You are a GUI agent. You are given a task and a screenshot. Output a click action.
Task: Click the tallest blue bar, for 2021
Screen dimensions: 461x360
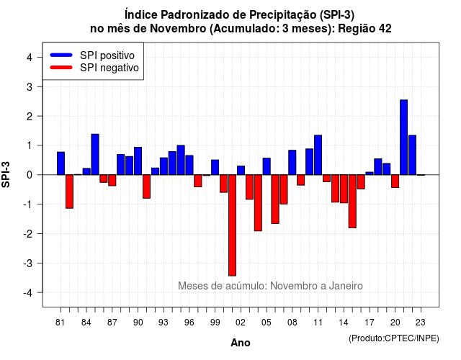(403, 138)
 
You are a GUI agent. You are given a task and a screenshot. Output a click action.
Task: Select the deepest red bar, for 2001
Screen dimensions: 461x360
(232, 225)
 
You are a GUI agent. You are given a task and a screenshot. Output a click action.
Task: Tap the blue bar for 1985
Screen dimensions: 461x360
(95, 154)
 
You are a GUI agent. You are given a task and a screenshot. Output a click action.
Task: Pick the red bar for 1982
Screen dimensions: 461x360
(69, 192)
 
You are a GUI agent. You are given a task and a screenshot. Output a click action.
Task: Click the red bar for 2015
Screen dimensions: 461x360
(352, 202)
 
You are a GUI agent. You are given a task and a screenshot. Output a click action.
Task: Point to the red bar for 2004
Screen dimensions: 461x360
(258, 203)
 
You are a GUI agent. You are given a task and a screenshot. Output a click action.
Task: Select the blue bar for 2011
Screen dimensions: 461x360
(318, 155)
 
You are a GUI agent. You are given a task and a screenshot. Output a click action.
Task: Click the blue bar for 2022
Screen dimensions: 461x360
(412, 155)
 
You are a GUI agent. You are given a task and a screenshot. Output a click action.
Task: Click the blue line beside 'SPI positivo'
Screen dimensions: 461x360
(61, 55)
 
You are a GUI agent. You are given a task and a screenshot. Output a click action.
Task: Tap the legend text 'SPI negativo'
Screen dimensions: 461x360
(109, 68)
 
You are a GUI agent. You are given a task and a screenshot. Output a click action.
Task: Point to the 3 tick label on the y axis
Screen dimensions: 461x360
(29, 86)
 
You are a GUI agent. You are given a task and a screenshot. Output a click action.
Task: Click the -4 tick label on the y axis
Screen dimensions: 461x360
(28, 293)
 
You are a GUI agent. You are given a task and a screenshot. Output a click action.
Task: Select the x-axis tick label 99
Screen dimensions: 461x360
(215, 323)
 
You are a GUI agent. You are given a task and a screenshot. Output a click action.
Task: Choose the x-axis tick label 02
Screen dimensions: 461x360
(241, 323)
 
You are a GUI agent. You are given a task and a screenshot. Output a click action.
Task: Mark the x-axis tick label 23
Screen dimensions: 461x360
(421, 323)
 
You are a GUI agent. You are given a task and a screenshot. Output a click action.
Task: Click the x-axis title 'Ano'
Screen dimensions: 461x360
(241, 343)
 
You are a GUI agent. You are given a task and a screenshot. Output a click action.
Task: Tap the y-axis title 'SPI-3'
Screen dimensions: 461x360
(6, 174)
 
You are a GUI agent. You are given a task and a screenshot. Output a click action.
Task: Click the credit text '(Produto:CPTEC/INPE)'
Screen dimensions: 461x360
(394, 338)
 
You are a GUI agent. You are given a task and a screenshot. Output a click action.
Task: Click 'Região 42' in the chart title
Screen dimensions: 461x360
(364, 29)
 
